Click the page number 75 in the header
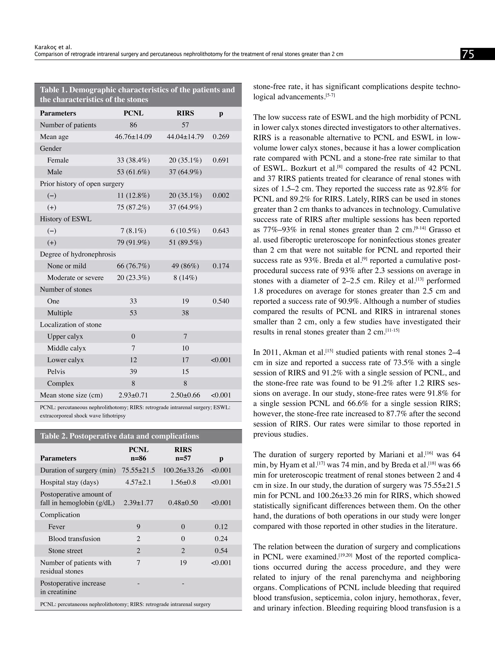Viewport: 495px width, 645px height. (x=468, y=54)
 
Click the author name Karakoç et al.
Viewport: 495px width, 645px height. (x=53, y=47)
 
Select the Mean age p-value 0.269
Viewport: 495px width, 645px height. (x=221, y=137)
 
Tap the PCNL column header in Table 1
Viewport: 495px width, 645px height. (x=133, y=113)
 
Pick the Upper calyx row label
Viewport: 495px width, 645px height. (x=65, y=336)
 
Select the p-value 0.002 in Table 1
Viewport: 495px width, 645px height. (x=221, y=195)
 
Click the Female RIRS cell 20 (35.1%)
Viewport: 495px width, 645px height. (x=185, y=160)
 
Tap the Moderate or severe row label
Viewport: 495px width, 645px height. (x=75, y=278)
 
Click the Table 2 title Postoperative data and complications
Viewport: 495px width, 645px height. (x=119, y=436)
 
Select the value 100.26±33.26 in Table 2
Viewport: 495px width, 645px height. (x=183, y=470)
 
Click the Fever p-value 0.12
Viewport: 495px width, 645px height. (x=221, y=527)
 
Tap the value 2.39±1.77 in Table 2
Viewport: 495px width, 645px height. (x=138, y=503)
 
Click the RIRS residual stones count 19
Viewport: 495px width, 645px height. (x=183, y=563)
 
